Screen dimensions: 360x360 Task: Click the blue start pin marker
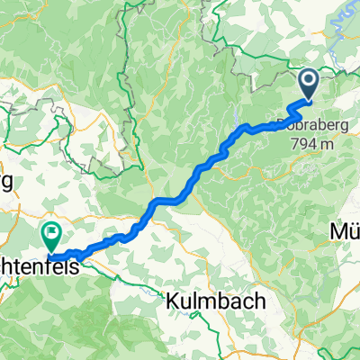(x=308, y=85)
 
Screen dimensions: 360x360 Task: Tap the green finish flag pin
(x=51, y=237)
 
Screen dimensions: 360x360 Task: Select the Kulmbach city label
(x=216, y=301)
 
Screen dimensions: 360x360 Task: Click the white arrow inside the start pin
(x=308, y=83)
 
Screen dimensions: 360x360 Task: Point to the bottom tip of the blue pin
(x=308, y=101)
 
